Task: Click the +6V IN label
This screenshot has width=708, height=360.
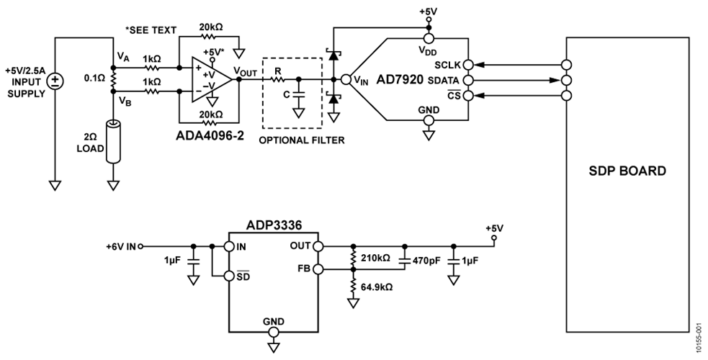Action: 120,246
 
